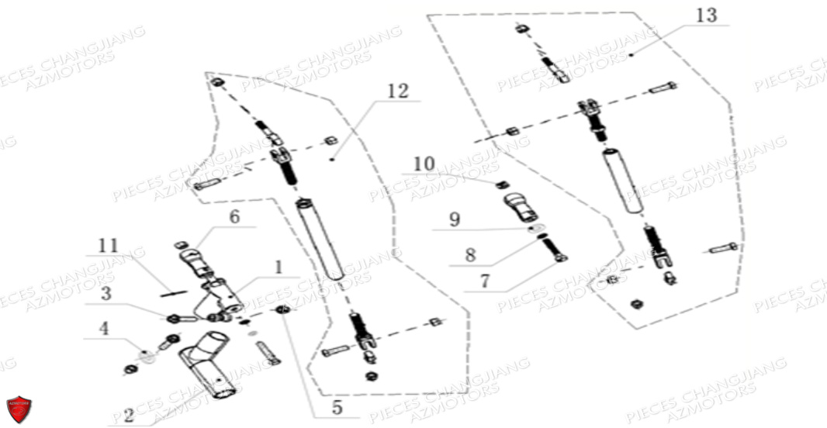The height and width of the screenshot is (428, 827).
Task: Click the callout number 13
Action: (x=707, y=16)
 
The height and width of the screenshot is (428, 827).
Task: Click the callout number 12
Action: (x=396, y=91)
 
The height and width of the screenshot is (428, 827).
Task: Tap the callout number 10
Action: (x=424, y=164)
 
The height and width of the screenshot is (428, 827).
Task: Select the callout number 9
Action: (x=455, y=219)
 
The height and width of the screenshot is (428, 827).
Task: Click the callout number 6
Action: (x=234, y=218)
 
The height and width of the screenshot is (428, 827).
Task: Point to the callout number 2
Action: (x=127, y=416)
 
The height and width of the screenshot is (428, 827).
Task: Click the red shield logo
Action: (x=19, y=409)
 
